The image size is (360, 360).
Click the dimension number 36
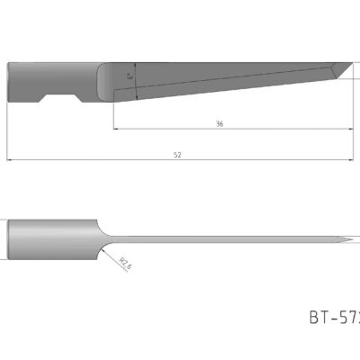coord(220,123)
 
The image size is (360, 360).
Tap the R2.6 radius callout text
coord(125,262)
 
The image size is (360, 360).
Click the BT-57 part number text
coord(334,316)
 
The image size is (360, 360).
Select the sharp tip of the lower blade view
coord(354,241)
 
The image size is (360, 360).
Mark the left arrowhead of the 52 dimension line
coord(10,160)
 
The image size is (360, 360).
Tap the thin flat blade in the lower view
coord(225,240)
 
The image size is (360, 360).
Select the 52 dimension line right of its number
coord(270,160)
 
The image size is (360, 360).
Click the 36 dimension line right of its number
coord(288,129)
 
